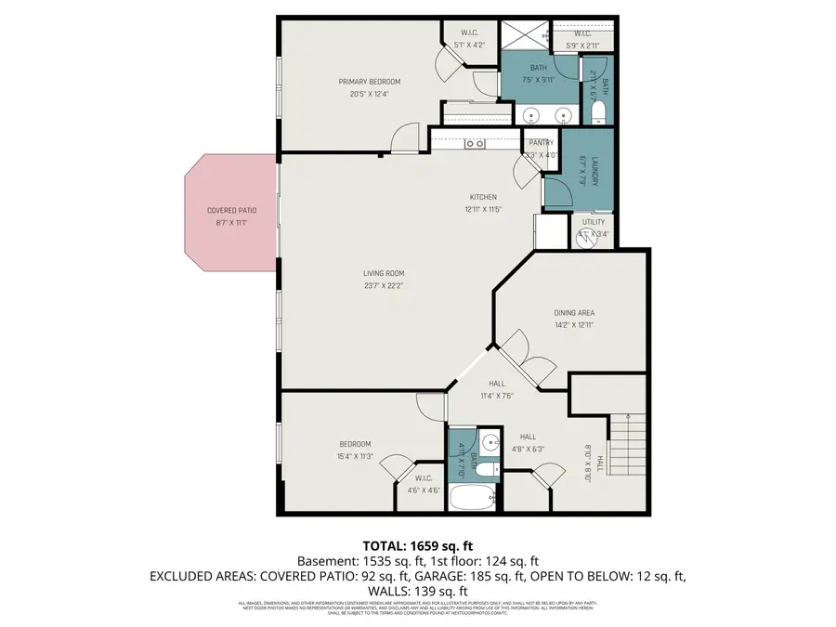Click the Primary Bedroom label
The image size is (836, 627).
pos(369,82)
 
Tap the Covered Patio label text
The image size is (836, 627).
pos(232,211)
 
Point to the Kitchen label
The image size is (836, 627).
pos(483,197)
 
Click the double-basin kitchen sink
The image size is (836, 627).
pos(475,143)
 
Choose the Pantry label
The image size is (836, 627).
pos(541,143)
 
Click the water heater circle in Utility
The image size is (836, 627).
pos(594,236)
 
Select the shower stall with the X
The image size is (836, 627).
pos(524,35)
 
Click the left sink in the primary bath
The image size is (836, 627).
pos(530,116)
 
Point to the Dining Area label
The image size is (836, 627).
pos(574,313)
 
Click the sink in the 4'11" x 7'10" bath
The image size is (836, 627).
pos(490,442)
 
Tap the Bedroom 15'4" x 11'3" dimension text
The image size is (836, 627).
pos(354,456)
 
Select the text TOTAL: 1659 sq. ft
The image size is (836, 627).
pos(417,546)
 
